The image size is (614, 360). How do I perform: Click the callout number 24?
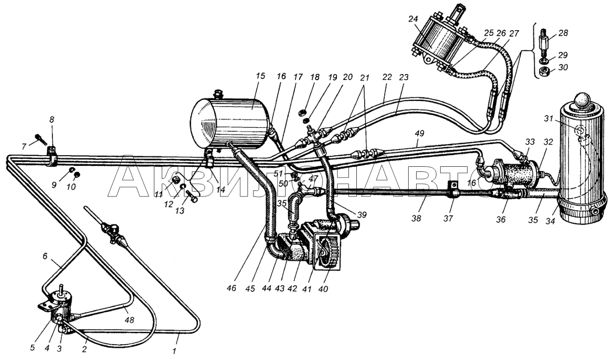tap(413, 19)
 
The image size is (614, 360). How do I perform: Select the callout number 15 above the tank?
tap(261, 76)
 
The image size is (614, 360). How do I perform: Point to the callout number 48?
tap(130, 320)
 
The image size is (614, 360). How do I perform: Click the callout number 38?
tap(416, 218)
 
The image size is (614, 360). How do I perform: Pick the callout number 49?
tap(419, 133)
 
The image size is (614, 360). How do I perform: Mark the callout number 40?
tap(323, 289)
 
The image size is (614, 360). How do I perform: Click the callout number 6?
tap(45, 256)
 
